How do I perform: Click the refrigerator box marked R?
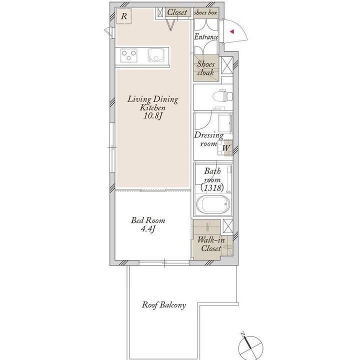pyautogui.click(x=124, y=16)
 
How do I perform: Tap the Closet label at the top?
pyautogui.click(x=177, y=12)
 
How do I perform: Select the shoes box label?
pyautogui.click(x=205, y=12)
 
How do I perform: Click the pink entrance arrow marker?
pyautogui.click(x=232, y=31)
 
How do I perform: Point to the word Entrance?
pyautogui.click(x=206, y=36)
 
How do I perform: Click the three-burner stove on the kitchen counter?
pyautogui.click(x=128, y=55)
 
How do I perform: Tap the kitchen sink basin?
pyautogui.click(x=156, y=55)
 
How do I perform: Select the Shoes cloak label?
pyautogui.click(x=205, y=68)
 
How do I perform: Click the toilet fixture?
pyautogui.click(x=222, y=96)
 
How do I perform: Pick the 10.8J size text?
pyautogui.click(x=152, y=115)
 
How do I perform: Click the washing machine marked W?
pyautogui.click(x=225, y=148)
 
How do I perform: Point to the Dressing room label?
pyautogui.click(x=208, y=139)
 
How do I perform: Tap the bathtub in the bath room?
pyautogui.click(x=213, y=204)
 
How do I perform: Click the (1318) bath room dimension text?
pyautogui.click(x=212, y=188)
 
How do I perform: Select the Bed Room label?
pyautogui.click(x=148, y=220)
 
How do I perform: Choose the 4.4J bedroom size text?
pyautogui.click(x=148, y=229)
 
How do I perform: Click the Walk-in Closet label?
pyautogui.click(x=211, y=244)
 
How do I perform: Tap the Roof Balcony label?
pyautogui.click(x=163, y=305)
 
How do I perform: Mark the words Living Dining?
pyautogui.click(x=152, y=99)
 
